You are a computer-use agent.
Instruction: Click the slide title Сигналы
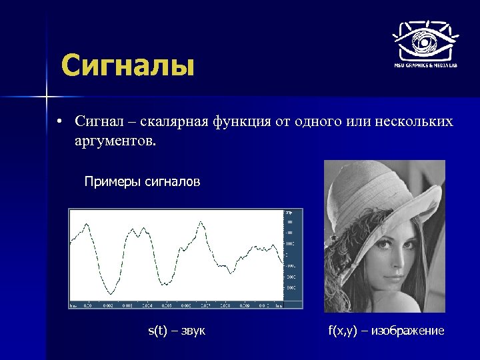tap(127, 67)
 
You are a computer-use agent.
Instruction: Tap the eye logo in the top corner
tap(423, 41)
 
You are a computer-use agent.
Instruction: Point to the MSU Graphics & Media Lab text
tap(424, 66)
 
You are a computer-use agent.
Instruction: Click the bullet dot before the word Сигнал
tap(59, 122)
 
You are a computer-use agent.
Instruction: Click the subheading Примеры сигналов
tap(142, 181)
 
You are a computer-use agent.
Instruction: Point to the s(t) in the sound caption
tap(157, 330)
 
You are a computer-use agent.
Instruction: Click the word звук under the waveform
tap(192, 330)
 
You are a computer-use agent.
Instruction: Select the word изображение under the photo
tap(408, 330)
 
